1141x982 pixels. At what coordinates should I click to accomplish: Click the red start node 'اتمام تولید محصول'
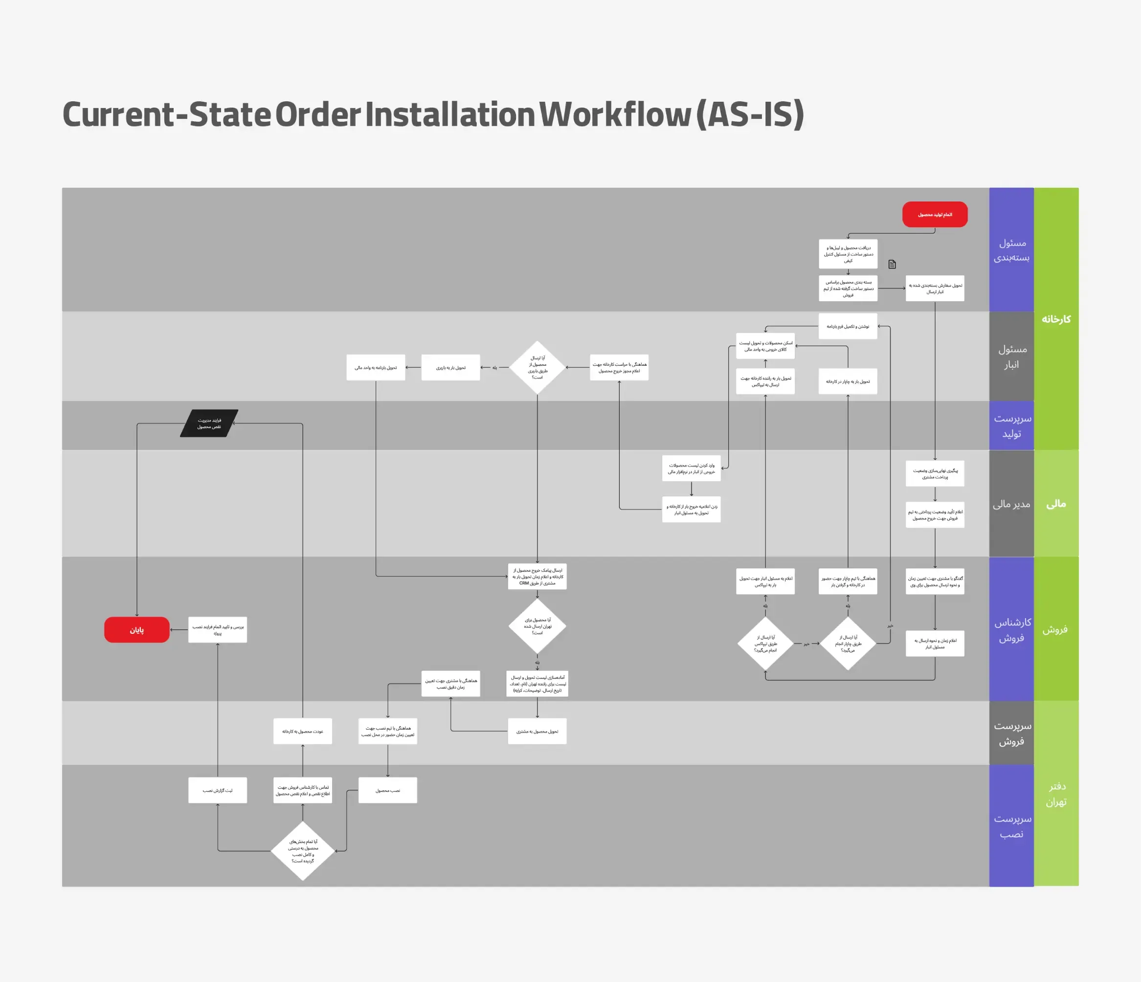pyautogui.click(x=935, y=214)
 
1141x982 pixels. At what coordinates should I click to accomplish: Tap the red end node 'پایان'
pyautogui.click(x=136, y=629)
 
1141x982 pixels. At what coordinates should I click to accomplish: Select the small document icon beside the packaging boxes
pyautogui.click(x=892, y=265)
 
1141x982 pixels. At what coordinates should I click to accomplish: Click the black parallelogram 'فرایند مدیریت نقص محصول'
pyautogui.click(x=209, y=423)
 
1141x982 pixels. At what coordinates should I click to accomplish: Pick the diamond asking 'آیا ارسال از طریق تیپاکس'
pyautogui.click(x=765, y=643)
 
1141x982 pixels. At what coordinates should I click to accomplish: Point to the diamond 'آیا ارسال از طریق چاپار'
pyautogui.click(x=848, y=643)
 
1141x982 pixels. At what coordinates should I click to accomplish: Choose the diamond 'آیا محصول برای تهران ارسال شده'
pyautogui.click(x=537, y=626)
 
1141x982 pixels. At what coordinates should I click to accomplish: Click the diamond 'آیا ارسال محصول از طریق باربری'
pyautogui.click(x=537, y=367)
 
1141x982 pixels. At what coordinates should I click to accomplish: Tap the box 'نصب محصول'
pyautogui.click(x=388, y=790)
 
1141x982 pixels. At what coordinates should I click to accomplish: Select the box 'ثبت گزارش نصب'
pyautogui.click(x=218, y=790)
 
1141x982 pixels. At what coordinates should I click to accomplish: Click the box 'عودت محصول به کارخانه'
pyautogui.click(x=302, y=732)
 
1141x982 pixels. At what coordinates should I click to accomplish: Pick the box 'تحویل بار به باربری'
pyautogui.click(x=450, y=367)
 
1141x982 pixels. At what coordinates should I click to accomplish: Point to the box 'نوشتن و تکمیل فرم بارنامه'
pyautogui.click(x=848, y=327)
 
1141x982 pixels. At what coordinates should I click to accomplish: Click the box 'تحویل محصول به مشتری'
pyautogui.click(x=537, y=732)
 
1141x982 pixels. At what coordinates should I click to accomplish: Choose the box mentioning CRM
pyautogui.click(x=537, y=577)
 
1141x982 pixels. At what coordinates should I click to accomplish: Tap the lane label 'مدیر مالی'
pyautogui.click(x=1011, y=504)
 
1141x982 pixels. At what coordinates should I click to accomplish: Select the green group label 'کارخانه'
pyautogui.click(x=1055, y=319)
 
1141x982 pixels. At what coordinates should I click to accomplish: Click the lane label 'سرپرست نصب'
pyautogui.click(x=1011, y=826)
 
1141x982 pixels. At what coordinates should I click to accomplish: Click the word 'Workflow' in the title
pyautogui.click(x=615, y=114)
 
